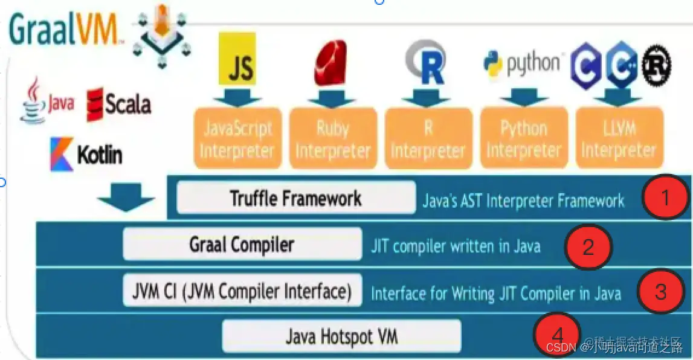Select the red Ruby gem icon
point(330,62)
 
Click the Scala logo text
point(119,104)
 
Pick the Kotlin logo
point(86,155)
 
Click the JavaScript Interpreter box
point(237,138)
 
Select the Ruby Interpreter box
point(332,138)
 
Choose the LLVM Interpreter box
point(618,138)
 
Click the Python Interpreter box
point(524,138)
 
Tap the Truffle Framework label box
point(296,198)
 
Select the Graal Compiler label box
point(242,244)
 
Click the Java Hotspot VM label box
point(341,336)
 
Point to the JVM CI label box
point(242,291)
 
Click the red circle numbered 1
point(665,197)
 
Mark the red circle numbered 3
point(660,292)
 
